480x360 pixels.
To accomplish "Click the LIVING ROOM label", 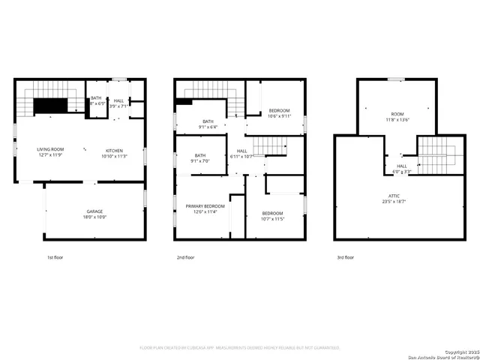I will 51,149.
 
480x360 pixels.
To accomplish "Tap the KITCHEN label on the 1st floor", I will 114,149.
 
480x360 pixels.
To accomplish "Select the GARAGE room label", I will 94,211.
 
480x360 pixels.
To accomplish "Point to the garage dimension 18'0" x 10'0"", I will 94,217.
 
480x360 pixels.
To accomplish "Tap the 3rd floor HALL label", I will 402,166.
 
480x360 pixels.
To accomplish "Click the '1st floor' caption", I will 55,257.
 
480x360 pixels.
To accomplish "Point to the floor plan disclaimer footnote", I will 240,347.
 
